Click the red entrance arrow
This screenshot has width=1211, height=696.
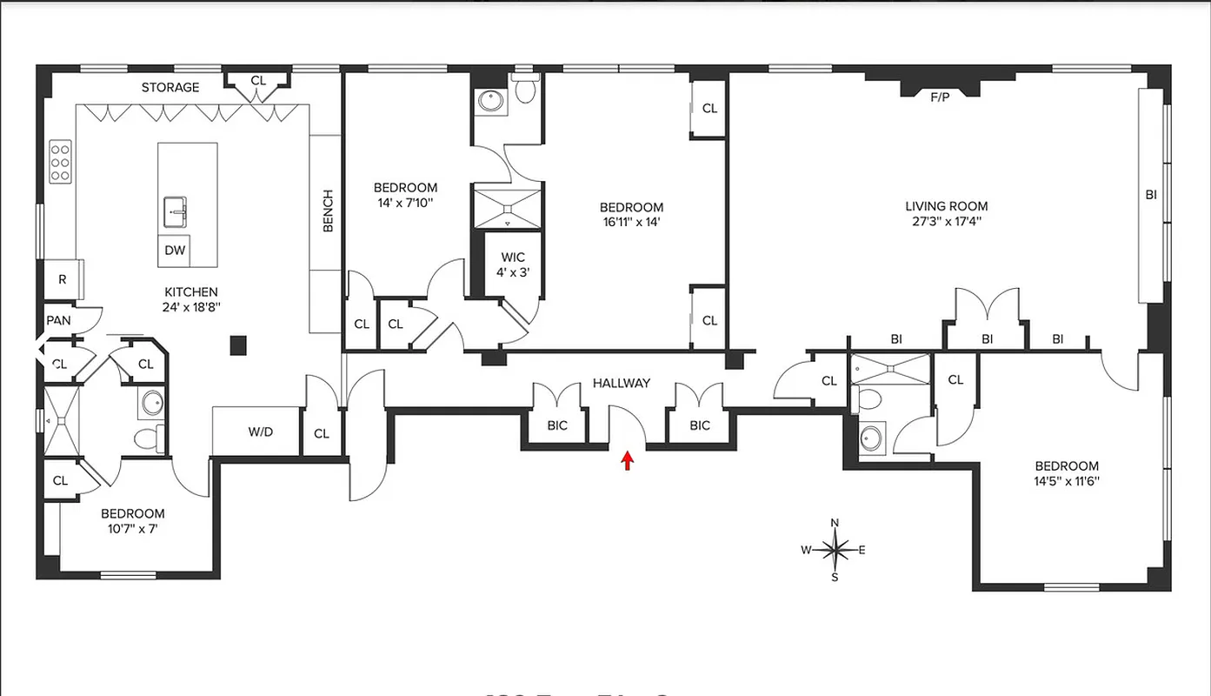tap(626, 460)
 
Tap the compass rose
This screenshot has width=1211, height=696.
tap(835, 550)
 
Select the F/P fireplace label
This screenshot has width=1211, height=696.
tap(940, 97)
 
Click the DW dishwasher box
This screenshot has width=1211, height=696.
tap(175, 251)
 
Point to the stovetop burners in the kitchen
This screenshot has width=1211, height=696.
tap(60, 163)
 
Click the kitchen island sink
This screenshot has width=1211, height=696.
tap(176, 210)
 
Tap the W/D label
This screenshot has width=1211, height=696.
tap(261, 432)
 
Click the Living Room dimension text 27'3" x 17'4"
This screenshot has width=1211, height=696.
tap(947, 221)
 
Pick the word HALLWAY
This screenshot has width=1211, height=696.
tap(622, 383)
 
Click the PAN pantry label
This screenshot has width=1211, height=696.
tap(58, 320)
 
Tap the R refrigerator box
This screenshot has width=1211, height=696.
tap(62, 279)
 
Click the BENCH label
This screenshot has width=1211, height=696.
tap(328, 211)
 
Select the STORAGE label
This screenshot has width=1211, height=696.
tap(170, 87)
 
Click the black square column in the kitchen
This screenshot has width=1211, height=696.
tap(238, 345)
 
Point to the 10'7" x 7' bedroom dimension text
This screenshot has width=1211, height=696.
tap(132, 528)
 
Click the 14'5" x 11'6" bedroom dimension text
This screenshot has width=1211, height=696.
tap(1066, 480)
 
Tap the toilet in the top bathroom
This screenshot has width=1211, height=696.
tap(525, 90)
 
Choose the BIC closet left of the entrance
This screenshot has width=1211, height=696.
tap(557, 425)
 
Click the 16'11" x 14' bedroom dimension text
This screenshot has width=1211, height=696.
tap(631, 222)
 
